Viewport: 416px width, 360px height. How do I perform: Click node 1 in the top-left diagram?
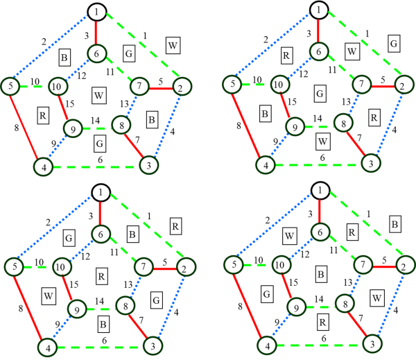[96, 12]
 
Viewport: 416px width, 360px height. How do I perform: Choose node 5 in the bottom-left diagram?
[12, 266]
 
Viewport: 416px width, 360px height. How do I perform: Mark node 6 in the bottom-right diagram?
[320, 232]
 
